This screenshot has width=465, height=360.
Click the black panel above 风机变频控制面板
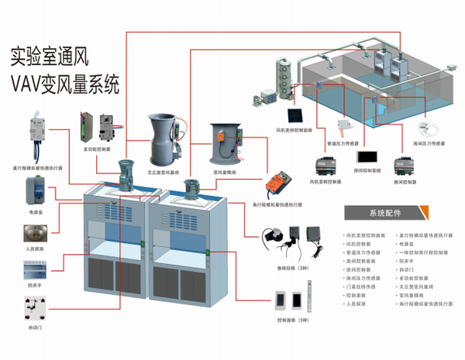click(x=271, y=97)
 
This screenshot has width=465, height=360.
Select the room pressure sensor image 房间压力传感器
click(x=425, y=129)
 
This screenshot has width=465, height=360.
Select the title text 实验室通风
click(x=57, y=56)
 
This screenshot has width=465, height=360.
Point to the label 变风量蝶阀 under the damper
click(x=226, y=173)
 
